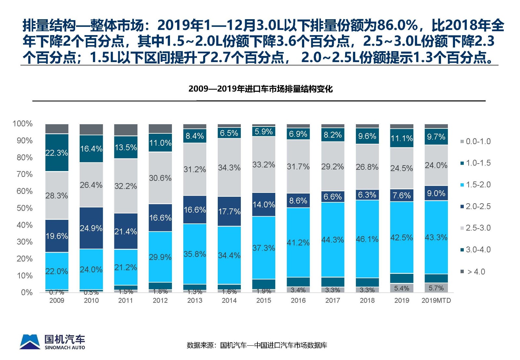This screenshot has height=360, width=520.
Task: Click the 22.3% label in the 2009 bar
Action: point(57,153)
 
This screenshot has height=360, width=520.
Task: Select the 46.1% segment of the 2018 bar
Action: point(367,239)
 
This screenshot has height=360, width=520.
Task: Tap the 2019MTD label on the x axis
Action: point(436,300)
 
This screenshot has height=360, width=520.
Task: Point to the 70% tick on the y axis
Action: point(25,174)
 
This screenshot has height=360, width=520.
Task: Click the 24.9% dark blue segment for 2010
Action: point(91,228)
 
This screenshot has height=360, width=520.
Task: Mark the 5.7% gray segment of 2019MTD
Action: point(436,288)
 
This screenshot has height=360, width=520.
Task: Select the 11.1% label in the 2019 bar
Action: point(402,138)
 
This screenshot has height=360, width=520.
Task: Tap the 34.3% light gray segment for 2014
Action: point(229,167)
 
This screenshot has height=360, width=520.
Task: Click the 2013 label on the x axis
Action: point(195,300)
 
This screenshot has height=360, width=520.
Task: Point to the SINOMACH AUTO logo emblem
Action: point(30,341)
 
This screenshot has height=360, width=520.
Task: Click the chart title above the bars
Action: point(260,89)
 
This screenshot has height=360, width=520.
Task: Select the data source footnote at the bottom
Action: point(257,345)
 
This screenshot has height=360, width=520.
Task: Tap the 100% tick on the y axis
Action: point(22,124)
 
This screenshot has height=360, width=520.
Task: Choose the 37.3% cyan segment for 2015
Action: point(264,248)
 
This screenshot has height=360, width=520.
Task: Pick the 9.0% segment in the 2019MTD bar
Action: point(436,193)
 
